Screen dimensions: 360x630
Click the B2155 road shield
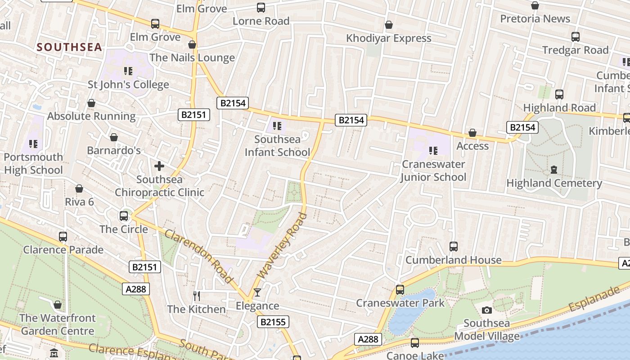click(x=273, y=322)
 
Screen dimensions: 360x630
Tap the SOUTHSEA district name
click(x=69, y=47)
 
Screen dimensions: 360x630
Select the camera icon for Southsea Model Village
click(x=486, y=310)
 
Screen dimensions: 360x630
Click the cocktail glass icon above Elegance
click(x=257, y=293)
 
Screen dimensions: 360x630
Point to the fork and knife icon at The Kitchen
click(x=196, y=296)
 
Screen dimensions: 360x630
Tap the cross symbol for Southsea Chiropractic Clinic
click(x=159, y=166)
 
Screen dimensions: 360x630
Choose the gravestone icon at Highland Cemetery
click(x=553, y=170)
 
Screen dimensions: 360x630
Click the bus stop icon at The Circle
click(x=124, y=216)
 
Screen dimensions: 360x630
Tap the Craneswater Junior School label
click(x=433, y=171)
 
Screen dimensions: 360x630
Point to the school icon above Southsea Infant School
click(x=277, y=126)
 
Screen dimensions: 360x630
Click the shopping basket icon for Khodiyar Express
click(x=388, y=25)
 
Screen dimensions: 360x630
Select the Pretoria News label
click(x=535, y=19)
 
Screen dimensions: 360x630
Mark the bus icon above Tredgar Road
click(x=575, y=37)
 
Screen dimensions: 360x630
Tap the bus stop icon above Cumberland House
click(x=453, y=247)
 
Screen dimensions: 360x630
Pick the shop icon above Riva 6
click(x=79, y=189)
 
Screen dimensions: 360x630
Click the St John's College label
click(x=128, y=85)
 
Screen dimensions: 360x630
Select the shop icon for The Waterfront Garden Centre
click(x=57, y=305)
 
